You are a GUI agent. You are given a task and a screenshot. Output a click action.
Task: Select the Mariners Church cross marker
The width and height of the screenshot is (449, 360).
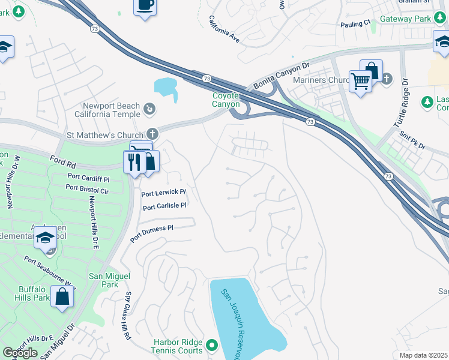coord(387,78)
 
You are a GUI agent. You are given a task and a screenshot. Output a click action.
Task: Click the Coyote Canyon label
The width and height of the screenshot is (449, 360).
coord(226,100)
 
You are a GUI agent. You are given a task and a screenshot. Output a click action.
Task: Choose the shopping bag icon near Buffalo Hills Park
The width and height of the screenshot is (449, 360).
coord(62,296)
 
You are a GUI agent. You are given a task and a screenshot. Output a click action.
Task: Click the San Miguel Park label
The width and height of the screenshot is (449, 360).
coord(103,280)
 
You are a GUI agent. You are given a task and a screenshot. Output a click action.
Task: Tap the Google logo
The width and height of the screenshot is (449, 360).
coord(20,353)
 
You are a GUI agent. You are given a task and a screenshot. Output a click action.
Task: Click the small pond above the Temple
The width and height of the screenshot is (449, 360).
coord(166,87)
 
